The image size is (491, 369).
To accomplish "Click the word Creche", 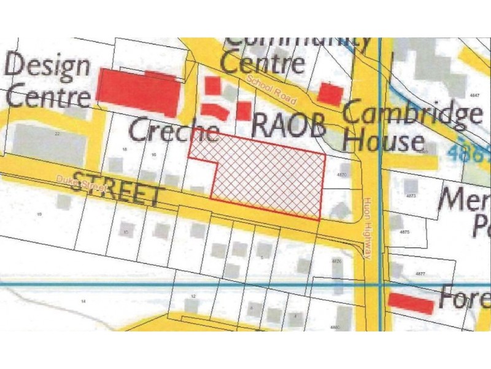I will coord(174,130).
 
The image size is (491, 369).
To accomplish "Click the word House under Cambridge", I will coord(383,141).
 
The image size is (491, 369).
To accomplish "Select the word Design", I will coord(48,65).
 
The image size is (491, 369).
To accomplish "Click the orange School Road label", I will coord(270,89).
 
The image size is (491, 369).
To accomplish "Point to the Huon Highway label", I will coord(367,228).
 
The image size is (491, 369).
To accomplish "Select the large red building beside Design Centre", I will coord(139,92).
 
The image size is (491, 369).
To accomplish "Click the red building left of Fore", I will coord(411,303).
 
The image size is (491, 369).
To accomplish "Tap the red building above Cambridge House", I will coord(330,93).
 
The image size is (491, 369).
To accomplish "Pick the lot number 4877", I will coord(420,273).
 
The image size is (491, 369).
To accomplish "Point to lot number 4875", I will coord(403,232).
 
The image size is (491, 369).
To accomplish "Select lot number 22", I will coord(56,133).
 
